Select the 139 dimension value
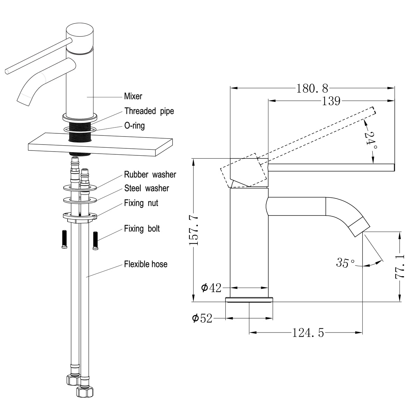[331, 101]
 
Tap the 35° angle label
[345, 262]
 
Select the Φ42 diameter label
[211, 288]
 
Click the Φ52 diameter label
[202, 318]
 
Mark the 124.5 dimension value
[308, 332]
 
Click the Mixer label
[133, 96]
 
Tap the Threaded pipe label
[149, 111]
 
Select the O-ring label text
[134, 125]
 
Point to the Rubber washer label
[150, 174]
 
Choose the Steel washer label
[146, 188]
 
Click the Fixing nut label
[141, 203]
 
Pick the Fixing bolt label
[142, 229]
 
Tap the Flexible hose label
[146, 264]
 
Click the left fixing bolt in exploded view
[64, 239]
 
